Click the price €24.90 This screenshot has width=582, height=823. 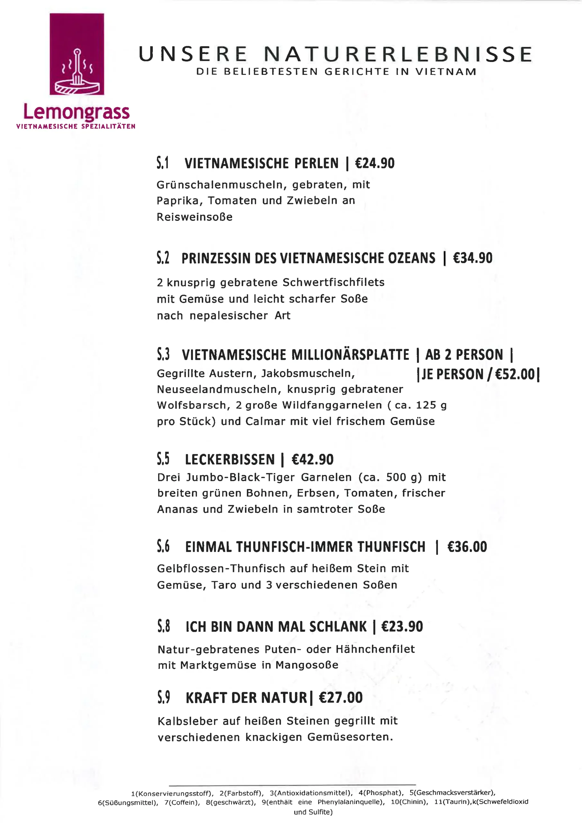(374, 163)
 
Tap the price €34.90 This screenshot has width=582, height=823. (472, 258)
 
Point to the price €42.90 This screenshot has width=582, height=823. (312, 459)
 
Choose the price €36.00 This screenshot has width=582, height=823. (467, 547)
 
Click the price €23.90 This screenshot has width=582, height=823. (402, 627)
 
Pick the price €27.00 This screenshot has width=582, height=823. (341, 698)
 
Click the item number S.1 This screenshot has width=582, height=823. (163, 163)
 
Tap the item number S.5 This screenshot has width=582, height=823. (163, 459)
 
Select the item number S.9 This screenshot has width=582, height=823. (164, 698)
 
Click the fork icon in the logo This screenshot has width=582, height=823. (77, 70)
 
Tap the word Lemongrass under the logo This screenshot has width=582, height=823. (77, 113)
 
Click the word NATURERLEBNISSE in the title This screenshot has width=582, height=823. (398, 54)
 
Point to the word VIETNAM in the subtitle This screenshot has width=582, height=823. (446, 72)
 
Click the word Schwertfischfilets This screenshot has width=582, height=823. (333, 283)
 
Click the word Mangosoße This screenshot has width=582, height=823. (307, 665)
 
